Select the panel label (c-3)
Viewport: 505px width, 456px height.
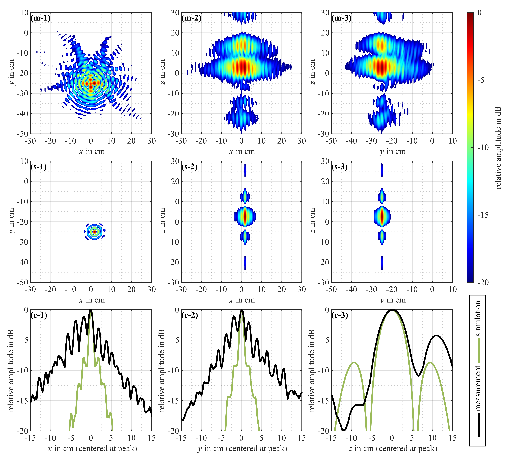click(x=340, y=315)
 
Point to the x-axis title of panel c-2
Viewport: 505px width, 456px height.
click(x=242, y=448)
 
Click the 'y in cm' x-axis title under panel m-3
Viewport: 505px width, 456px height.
click(x=392, y=152)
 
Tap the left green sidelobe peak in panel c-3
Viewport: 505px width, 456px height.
click(x=354, y=362)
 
